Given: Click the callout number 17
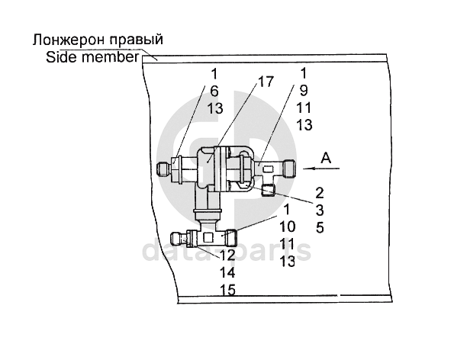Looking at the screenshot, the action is point(266,82).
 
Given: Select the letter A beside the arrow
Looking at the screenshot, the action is point(326,159).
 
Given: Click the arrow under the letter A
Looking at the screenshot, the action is point(321,168).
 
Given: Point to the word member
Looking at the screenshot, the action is point(111,57).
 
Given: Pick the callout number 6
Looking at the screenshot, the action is point(214,92).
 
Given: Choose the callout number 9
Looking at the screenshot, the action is point(303,91).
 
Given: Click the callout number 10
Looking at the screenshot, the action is point(287,227).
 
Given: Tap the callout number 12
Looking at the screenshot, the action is point(227,256).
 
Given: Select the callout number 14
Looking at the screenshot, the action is point(227,272).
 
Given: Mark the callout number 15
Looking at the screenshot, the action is point(227,290).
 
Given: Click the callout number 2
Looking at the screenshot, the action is point(320,193).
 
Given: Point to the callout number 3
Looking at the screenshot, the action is point(320,211).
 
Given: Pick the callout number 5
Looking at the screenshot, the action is point(320,228).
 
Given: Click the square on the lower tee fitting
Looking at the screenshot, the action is point(208,238).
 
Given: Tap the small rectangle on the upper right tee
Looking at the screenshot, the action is point(268,169).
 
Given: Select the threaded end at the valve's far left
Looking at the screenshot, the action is point(163,169).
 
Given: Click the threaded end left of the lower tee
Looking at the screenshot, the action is point(177,239).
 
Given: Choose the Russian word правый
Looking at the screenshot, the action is point(137,40).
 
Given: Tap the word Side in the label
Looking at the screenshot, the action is point(62,57).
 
